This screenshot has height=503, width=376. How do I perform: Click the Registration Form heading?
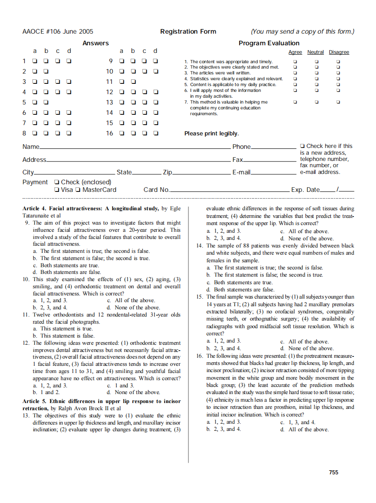188,31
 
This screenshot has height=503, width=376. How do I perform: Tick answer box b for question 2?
46,71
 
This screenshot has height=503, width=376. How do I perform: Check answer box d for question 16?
155,133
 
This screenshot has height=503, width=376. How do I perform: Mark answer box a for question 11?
121,82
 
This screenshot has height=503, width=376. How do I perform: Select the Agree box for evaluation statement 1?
295,61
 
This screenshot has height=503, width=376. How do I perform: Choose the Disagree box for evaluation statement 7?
338,102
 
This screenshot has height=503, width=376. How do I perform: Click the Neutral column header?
315,52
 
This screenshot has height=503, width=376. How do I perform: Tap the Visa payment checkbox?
57,190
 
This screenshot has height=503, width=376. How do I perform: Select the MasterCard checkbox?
79,190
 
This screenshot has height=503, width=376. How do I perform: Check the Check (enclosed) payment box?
57,182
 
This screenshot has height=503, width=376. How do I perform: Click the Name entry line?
135,147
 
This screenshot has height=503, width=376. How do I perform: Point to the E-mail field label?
241,172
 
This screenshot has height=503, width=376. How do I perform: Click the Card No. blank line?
229,191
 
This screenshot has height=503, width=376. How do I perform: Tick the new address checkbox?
302,146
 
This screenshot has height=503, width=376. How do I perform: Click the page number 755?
333,472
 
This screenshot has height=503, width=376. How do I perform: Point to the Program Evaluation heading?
269,43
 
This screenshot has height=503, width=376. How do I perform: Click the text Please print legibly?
211,134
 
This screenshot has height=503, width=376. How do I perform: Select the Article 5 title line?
101,401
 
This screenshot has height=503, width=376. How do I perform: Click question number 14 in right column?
200,246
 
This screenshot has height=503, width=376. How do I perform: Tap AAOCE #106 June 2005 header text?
58,31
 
